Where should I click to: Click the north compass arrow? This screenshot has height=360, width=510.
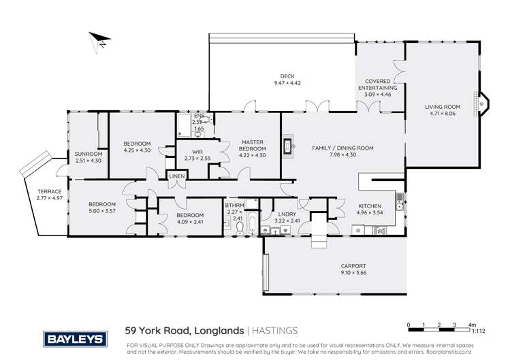(x=98, y=42)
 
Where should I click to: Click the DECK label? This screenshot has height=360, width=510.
(x=287, y=76)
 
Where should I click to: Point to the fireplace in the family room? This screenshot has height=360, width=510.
(x=288, y=146)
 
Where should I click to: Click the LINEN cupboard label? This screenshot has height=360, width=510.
(x=177, y=177)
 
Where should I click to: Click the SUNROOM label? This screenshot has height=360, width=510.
(x=87, y=154)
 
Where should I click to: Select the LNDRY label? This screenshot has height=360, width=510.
(x=286, y=214)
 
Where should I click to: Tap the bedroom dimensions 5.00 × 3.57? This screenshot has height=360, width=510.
(x=101, y=211)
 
